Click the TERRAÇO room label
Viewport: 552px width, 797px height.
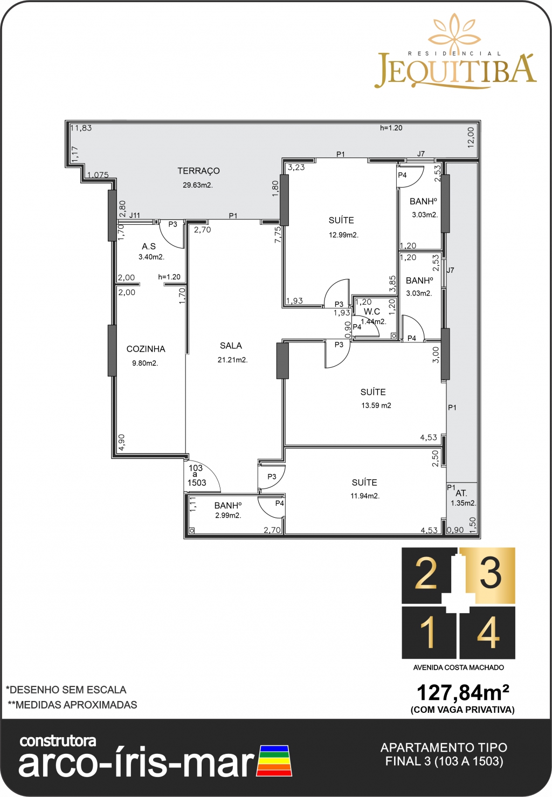[198, 171]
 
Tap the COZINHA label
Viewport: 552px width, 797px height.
[146, 349]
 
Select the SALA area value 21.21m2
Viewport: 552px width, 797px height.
[233, 360]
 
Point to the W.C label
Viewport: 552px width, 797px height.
[371, 312]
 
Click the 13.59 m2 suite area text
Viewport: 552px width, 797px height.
[376, 406]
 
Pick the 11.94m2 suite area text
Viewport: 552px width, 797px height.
[365, 496]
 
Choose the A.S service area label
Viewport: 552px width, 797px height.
[149, 246]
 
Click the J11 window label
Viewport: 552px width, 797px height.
[134, 215]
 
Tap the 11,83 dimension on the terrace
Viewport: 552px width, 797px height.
[81, 128]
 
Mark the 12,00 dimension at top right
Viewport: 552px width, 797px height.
[471, 138]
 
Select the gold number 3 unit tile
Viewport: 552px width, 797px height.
[487, 575]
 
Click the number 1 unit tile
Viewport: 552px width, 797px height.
[429, 633]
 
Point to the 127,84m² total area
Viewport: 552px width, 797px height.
[463, 692]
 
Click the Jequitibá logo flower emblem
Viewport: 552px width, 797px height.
[454, 32]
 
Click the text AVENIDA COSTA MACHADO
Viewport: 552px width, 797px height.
[458, 668]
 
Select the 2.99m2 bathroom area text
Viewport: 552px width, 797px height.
[229, 516]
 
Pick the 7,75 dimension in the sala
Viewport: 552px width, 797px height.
[278, 235]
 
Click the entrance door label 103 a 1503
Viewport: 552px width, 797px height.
[196, 476]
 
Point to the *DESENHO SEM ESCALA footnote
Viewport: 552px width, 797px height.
[66, 690]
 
